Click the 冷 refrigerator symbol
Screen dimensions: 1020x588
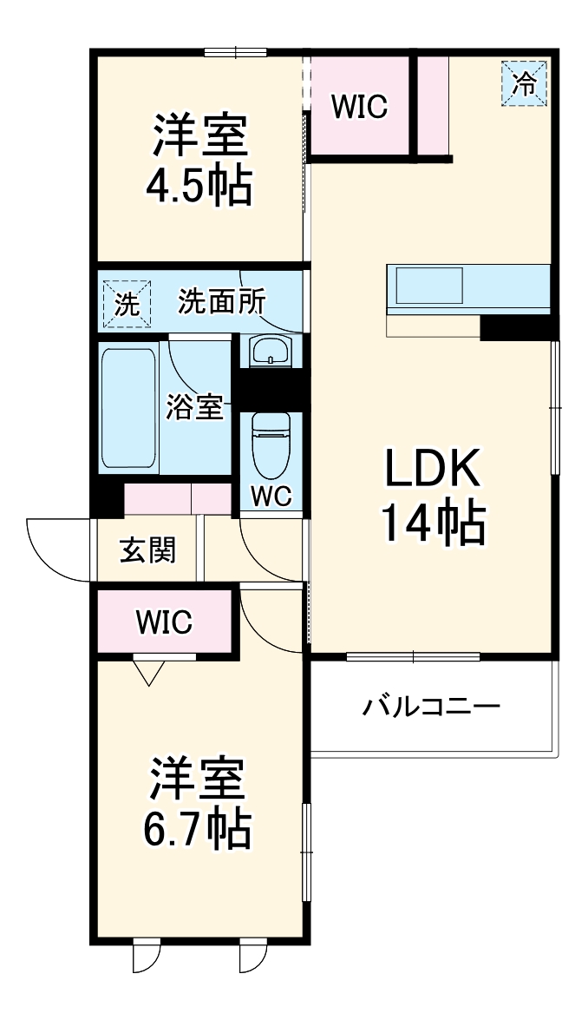524,83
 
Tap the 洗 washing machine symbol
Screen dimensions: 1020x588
127,305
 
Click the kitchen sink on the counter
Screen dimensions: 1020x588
429,284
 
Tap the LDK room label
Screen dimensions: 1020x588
432,471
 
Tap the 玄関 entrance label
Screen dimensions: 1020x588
147,549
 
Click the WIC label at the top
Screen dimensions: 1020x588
359,107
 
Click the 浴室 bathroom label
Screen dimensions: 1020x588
194,406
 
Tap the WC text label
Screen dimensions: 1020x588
271,496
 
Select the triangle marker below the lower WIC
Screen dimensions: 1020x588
149,671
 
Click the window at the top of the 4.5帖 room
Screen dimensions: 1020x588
235,51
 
